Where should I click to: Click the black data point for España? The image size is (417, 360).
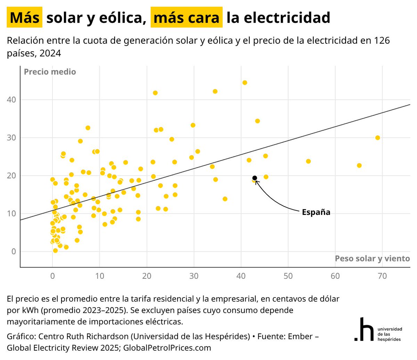coord(254,178)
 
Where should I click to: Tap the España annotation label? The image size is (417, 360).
coord(316,212)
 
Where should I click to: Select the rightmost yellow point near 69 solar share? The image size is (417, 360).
coord(377,138)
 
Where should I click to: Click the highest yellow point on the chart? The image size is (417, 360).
coord(245,83)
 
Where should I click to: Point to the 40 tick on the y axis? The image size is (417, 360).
coord(11,100)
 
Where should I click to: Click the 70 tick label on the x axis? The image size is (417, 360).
coord(382,276)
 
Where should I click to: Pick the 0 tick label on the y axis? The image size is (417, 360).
coord(14,251)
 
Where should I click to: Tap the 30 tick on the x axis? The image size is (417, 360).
coord(194,276)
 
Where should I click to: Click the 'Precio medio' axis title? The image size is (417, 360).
coord(50,72)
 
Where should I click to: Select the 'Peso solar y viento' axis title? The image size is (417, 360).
coord(372,259)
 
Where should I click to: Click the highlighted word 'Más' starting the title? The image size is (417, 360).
coord(24,17)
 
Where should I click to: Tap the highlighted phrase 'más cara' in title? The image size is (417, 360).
coord(186,17)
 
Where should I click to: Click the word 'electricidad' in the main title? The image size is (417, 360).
coord(287,17)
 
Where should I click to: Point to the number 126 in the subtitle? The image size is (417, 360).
coord(382,41)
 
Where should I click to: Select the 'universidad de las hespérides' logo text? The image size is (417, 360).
coord(390,334)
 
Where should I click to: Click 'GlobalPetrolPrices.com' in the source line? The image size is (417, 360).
coord(167,348)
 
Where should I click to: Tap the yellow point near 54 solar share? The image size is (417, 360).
coord(308,161)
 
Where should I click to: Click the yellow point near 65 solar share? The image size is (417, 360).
coord(359,166)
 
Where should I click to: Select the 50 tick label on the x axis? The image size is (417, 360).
coord(288,276)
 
